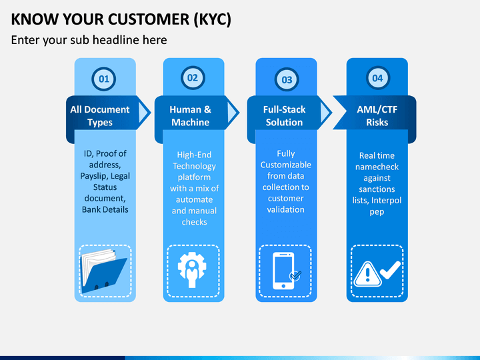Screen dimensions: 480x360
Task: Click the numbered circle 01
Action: (x=104, y=79)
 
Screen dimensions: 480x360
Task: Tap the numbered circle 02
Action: (x=193, y=78)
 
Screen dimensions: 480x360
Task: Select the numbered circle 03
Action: (x=287, y=79)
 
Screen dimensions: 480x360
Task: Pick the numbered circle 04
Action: (x=378, y=78)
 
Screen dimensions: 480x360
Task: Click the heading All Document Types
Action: (x=100, y=116)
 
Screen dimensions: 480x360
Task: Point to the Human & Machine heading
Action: (x=191, y=116)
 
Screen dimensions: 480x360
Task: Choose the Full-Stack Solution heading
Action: (x=284, y=116)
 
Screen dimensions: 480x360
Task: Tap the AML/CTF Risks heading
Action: (x=377, y=116)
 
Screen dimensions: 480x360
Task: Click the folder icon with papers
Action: (x=103, y=271)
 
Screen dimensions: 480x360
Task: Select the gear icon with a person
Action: (x=192, y=270)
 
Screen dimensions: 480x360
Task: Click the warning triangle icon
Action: (x=367, y=274)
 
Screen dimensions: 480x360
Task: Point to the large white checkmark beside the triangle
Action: (x=391, y=270)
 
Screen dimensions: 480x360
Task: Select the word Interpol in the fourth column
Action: (x=386, y=201)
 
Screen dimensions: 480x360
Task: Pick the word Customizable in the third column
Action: (x=286, y=165)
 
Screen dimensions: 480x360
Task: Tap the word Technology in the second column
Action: (x=194, y=166)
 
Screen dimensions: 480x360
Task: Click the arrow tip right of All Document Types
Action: (x=151, y=113)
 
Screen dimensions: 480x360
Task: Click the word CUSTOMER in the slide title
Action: (x=149, y=19)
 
